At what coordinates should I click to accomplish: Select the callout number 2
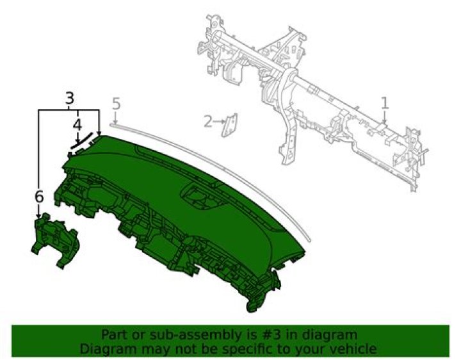tap(208, 121)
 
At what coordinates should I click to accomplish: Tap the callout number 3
tap(69, 98)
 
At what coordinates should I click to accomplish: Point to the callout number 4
tap(77, 126)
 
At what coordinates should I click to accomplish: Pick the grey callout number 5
tap(116, 104)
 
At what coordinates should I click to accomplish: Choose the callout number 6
tap(39, 197)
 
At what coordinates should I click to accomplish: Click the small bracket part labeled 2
tap(229, 125)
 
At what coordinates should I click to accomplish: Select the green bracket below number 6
tap(54, 240)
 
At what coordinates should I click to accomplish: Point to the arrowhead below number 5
tap(116, 122)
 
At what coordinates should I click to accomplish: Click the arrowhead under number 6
tap(38, 216)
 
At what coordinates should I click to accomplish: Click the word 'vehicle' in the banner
tap(352, 349)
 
